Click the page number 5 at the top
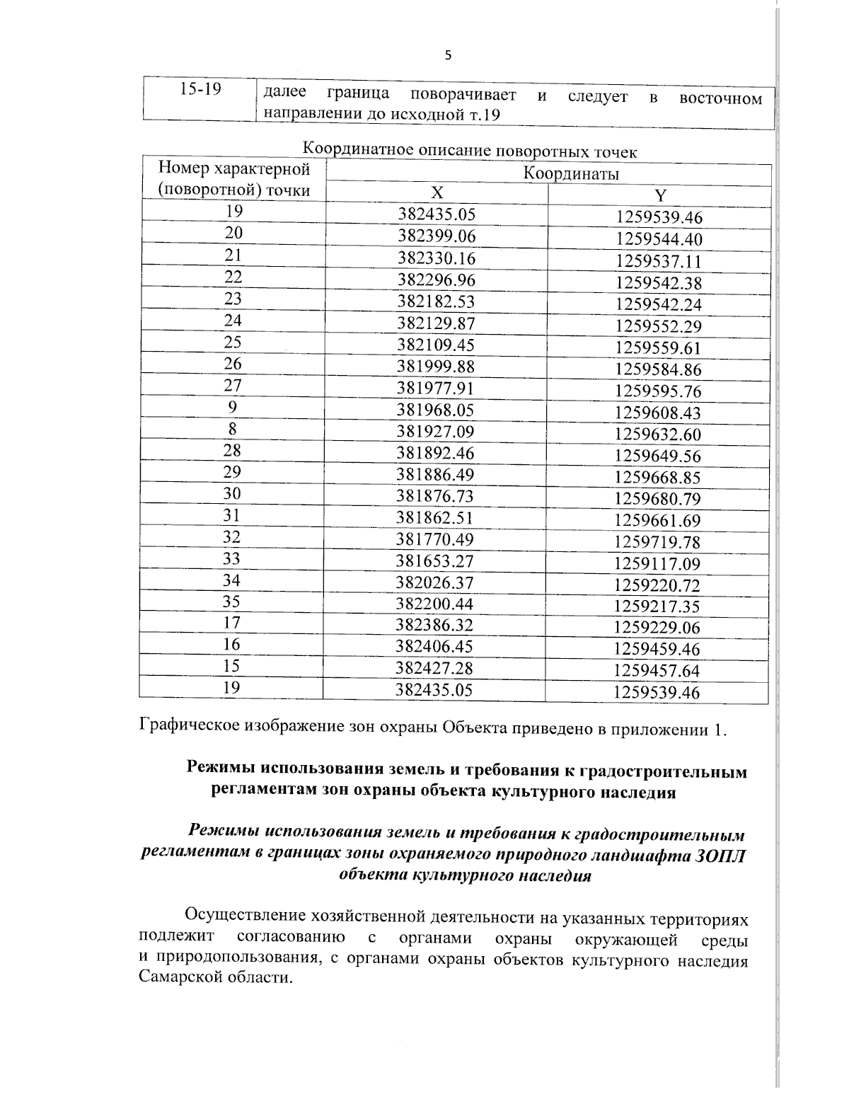tap(446, 57)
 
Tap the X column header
tap(437, 193)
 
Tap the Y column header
tap(659, 196)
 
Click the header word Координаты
tap(571, 173)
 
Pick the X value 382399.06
tap(436, 236)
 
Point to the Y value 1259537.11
tap(659, 261)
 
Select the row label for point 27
tap(233, 386)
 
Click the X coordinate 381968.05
tap(435, 410)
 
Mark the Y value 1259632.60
tap(658, 435)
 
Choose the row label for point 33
tap(232, 558)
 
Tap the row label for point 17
tap(232, 623)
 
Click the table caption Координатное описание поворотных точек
tap(470, 151)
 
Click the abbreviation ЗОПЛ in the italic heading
tap(720, 855)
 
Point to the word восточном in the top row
tap(720, 98)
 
